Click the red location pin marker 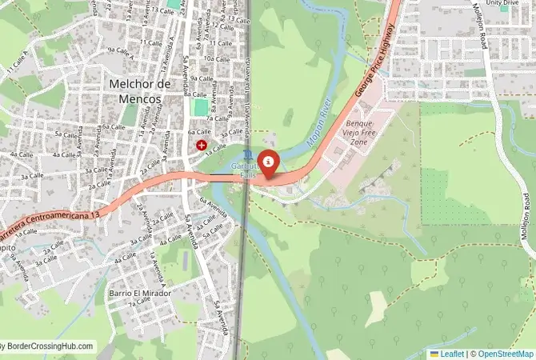[x=270, y=163]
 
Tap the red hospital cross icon [x=201, y=146]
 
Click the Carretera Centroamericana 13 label [x=50, y=220]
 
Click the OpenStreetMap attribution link [x=506, y=353]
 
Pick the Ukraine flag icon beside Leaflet [x=434, y=353]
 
